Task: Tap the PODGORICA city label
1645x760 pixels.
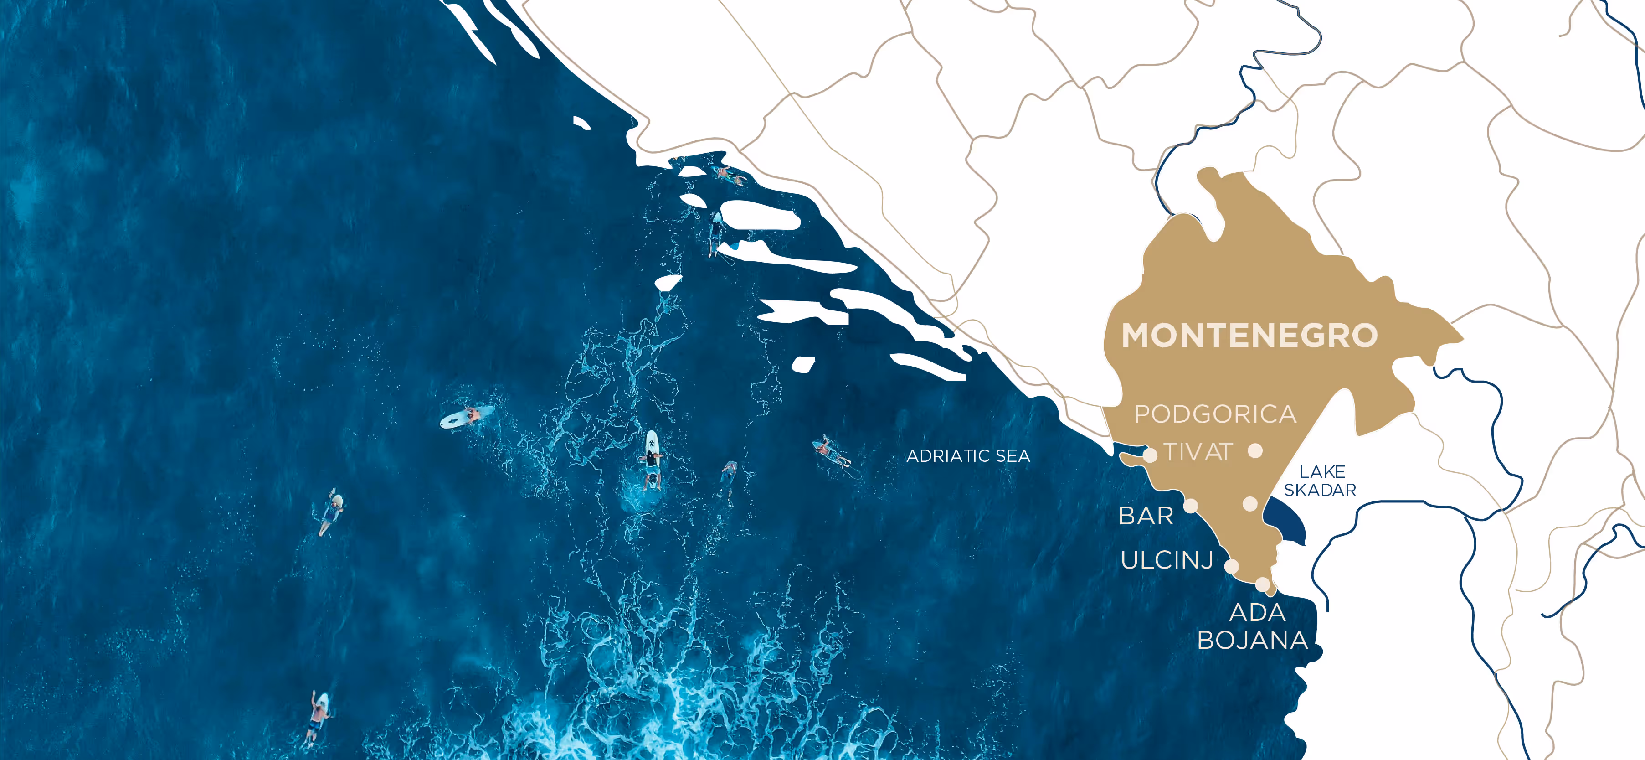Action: point(1214,414)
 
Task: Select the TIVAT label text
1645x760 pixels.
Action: point(1198,453)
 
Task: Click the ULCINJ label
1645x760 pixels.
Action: point(1167,560)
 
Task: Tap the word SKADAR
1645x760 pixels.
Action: point(1320,490)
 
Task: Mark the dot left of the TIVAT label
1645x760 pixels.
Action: point(1150,455)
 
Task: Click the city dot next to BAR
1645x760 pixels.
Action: point(1190,506)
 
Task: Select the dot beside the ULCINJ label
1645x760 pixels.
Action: point(1232,566)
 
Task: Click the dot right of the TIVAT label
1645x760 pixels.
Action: point(1255,451)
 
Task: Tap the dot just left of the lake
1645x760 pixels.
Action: point(1250,504)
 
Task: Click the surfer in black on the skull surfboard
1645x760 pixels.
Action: point(651,460)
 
